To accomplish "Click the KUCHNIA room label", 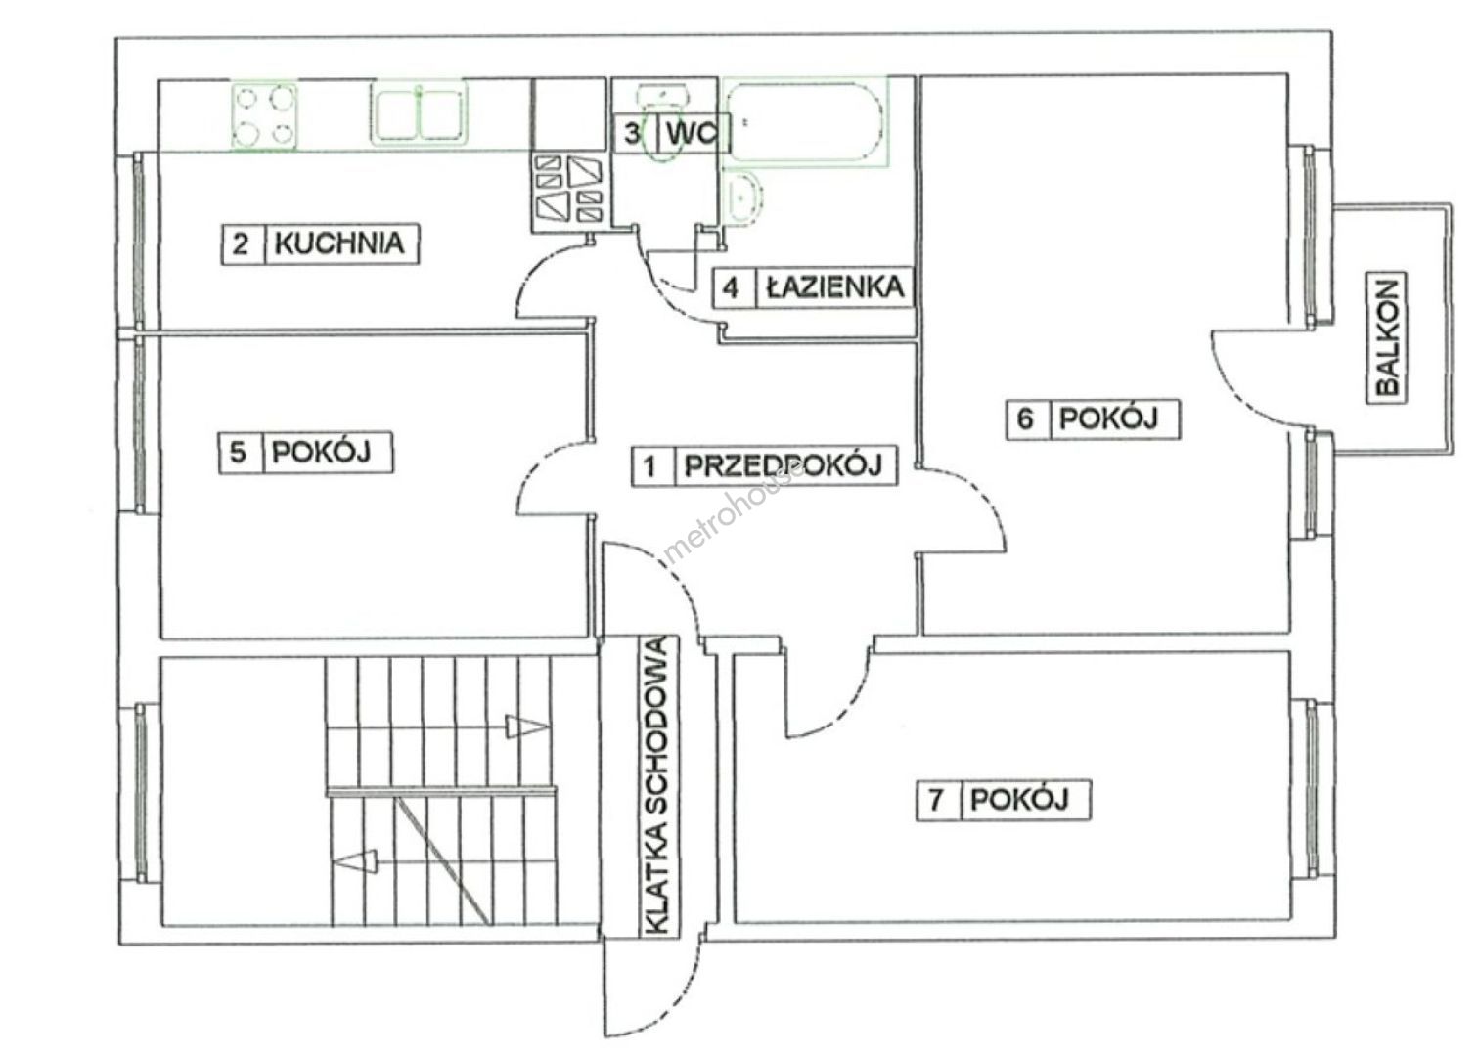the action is [x=339, y=243].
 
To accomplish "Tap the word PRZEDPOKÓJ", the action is [x=784, y=466].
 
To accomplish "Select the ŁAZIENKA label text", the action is [x=834, y=286].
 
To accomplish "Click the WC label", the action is [x=692, y=134].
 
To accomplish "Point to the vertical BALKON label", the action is [x=1388, y=337].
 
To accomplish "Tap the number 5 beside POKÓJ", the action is [x=238, y=453].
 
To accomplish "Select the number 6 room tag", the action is [x=1025, y=418].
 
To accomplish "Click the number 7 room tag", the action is [x=936, y=801].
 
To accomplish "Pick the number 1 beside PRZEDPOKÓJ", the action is [x=649, y=467].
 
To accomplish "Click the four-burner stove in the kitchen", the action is [x=264, y=117].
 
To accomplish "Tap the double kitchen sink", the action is [x=419, y=112].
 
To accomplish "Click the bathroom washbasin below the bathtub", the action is [x=744, y=196].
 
